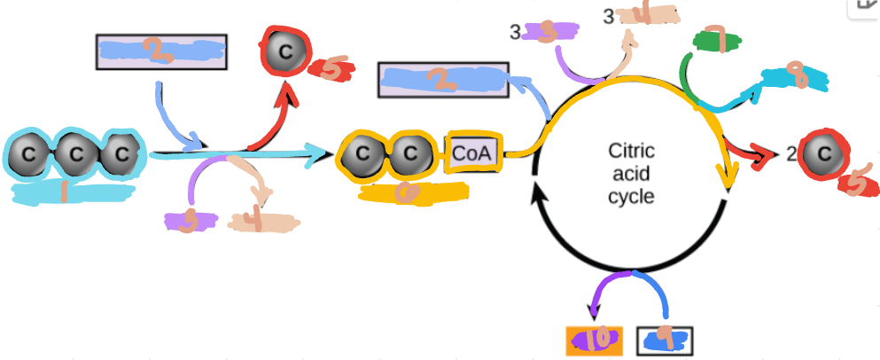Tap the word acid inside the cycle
630,174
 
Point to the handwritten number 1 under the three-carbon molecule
64,191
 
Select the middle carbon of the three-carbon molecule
75,155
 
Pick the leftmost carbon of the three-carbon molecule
29,155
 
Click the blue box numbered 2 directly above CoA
442,80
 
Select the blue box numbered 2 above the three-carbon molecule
160,52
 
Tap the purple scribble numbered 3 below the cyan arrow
188,221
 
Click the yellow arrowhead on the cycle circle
730,181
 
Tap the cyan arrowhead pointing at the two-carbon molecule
318,158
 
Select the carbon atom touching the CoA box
409,154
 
